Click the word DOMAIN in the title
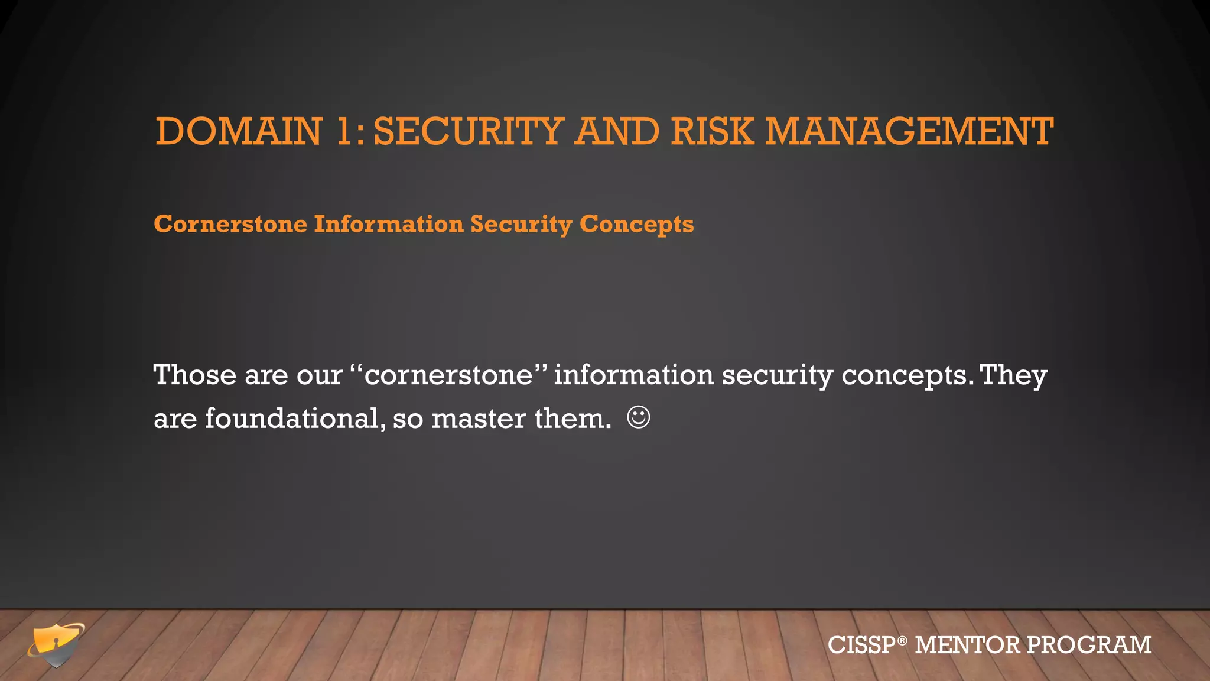[x=239, y=131]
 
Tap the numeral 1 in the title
[x=344, y=131]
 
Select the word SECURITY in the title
[x=469, y=131]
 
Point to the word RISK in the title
[x=712, y=131]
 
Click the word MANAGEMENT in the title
[x=909, y=131]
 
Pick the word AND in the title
[x=617, y=131]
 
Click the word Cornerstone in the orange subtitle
[x=230, y=225]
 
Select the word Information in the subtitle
[x=389, y=225]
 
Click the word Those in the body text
[x=194, y=375]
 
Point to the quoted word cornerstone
[x=448, y=375]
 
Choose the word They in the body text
[x=1013, y=375]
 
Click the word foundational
[x=293, y=419]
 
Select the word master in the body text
[x=479, y=419]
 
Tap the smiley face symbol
[x=639, y=417]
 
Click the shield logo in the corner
[x=56, y=644]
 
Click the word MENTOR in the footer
[x=967, y=645]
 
